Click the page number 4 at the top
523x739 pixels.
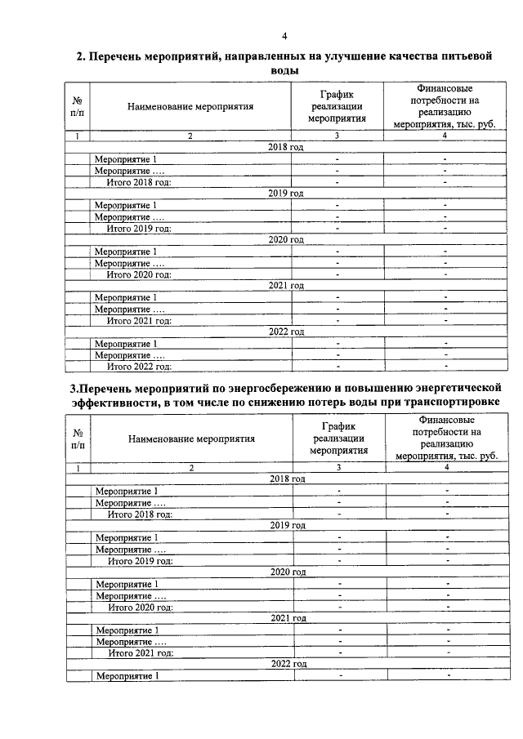tap(284, 35)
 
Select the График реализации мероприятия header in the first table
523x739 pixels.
tap(337, 106)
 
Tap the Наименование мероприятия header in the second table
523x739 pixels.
tap(191, 439)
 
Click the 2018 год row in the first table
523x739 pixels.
tap(285, 147)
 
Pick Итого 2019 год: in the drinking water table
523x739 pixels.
tap(137, 229)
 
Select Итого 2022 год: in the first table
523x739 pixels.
tap(137, 367)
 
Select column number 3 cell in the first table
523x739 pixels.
tap(337, 136)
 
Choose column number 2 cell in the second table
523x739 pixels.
tap(191, 468)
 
